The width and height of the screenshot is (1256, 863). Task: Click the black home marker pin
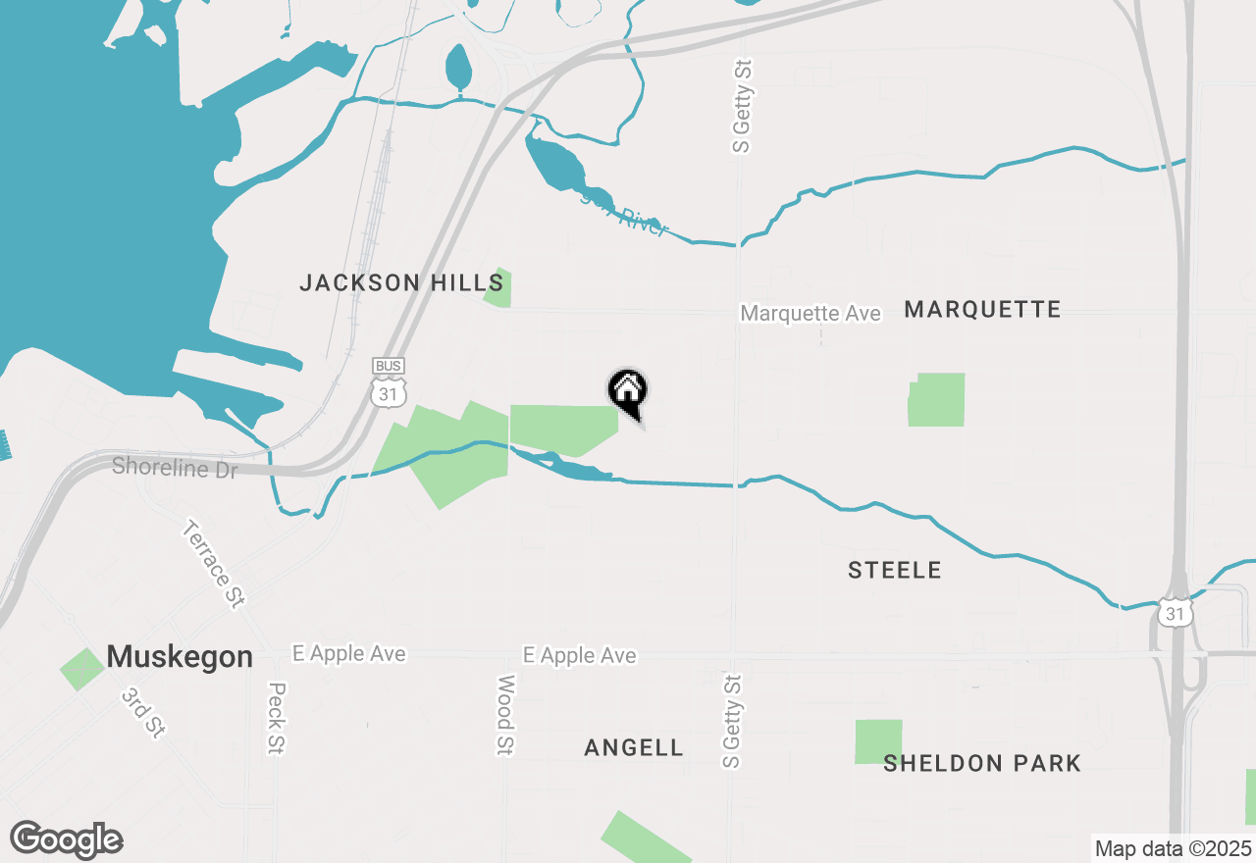click(628, 392)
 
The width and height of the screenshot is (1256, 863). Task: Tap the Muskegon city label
click(180, 656)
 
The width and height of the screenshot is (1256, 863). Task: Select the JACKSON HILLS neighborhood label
click(401, 283)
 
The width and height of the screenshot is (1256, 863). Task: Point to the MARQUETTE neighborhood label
click(982, 310)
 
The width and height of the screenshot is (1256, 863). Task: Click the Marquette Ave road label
click(811, 313)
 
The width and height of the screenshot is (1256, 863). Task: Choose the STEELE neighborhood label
click(895, 570)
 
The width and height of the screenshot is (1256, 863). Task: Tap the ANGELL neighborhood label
click(634, 747)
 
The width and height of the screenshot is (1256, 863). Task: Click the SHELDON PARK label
click(982, 763)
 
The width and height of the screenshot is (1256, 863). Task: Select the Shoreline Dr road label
click(175, 468)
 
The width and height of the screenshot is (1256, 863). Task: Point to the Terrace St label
click(212, 565)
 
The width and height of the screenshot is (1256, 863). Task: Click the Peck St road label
click(276, 719)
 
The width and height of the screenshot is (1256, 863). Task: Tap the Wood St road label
click(505, 715)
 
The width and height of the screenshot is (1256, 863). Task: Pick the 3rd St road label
click(142, 711)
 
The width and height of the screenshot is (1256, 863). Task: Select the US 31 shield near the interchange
click(1174, 611)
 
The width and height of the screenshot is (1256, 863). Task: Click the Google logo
click(67, 839)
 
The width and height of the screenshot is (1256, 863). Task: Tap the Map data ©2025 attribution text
click(1173, 848)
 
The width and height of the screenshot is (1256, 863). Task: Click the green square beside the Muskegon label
click(82, 669)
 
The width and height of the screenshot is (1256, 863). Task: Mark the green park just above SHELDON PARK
click(878, 741)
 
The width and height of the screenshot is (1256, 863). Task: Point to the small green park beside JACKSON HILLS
click(499, 288)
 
